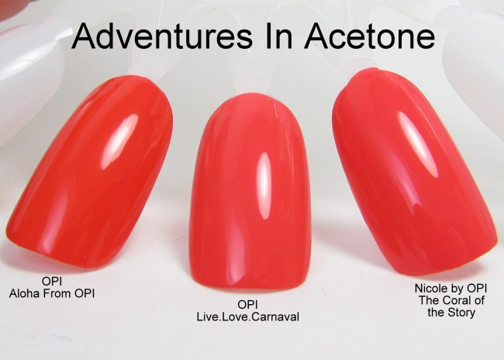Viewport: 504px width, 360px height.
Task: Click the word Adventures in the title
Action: coord(163,36)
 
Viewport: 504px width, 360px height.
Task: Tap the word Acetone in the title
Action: coord(370,36)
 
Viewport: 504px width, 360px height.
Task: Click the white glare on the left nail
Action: coord(119,141)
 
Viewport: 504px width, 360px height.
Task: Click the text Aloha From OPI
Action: coord(52,293)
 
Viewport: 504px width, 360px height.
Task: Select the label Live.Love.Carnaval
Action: coord(248,317)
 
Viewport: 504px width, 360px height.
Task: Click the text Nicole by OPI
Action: coord(450,289)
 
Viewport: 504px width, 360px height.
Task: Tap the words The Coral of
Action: coord(451,300)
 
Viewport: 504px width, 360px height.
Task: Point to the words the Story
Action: coord(451,313)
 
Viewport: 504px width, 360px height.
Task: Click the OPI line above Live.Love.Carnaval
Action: coord(247,305)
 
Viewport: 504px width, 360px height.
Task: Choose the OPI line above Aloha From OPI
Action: coord(52,281)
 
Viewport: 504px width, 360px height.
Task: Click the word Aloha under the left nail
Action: coord(24,293)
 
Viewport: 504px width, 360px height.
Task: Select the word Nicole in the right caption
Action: coord(429,288)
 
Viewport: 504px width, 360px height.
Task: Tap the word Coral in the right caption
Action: coord(459,300)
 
